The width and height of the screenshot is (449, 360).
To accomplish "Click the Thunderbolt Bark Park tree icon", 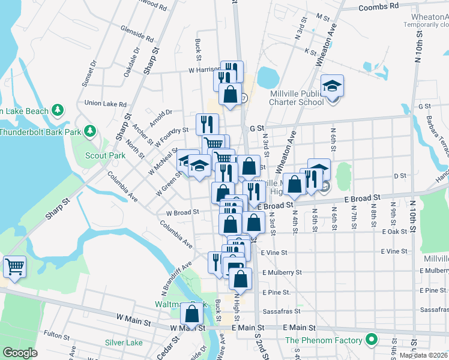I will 90,130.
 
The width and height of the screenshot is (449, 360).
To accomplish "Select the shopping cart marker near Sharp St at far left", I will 14,266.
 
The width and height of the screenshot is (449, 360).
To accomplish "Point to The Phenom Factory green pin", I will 372,340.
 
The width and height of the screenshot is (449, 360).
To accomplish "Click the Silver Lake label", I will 124,343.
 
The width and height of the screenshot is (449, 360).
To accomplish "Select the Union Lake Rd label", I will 104,103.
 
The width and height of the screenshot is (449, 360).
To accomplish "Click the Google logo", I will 19,353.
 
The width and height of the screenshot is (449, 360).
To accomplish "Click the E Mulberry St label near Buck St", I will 282,272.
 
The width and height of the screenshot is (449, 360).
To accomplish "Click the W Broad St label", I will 182,212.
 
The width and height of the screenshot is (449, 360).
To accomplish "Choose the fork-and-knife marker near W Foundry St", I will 206,125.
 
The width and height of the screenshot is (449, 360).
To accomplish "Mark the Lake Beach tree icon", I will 57,110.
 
